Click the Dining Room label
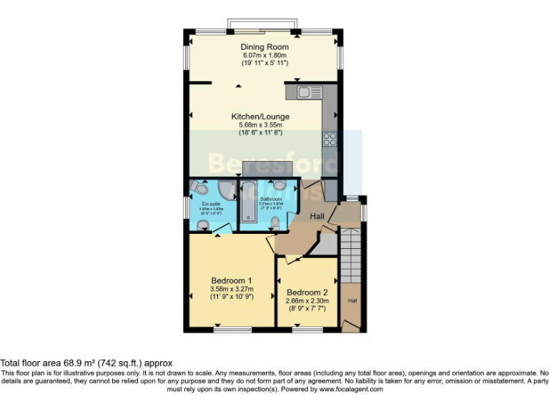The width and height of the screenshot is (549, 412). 264,47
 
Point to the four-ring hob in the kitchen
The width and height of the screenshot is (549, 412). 330,139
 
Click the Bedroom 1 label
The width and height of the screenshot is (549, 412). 231,280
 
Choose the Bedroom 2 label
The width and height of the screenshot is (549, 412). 307,293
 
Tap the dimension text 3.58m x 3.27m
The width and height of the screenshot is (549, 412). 231,288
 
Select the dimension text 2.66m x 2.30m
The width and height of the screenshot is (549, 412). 307,301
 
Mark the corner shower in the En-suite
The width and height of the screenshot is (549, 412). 226,190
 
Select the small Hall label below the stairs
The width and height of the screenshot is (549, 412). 352,301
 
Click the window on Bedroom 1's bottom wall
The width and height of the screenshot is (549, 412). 232,330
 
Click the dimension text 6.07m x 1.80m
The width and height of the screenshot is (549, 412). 264,55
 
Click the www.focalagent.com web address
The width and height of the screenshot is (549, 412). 351,390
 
